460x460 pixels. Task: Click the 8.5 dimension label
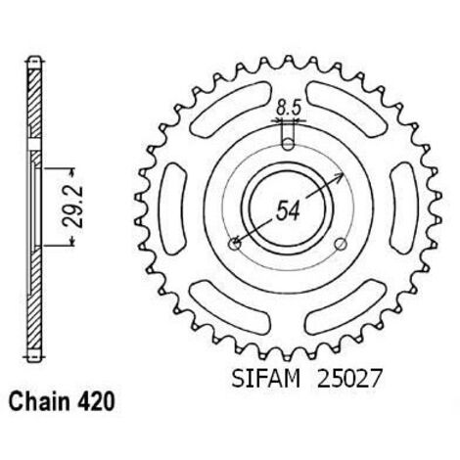pyautogui.click(x=288, y=108)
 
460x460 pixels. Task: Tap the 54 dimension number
pyautogui.click(x=288, y=210)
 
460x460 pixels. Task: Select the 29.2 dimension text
pyautogui.click(x=72, y=207)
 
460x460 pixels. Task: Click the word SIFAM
pyautogui.click(x=265, y=379)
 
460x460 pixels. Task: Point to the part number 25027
pyautogui.click(x=349, y=379)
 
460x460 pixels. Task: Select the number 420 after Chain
pyautogui.click(x=96, y=401)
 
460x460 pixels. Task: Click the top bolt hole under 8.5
pyautogui.click(x=288, y=144)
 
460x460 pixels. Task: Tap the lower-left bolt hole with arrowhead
pyautogui.click(x=235, y=244)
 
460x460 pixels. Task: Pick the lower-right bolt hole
pyautogui.click(x=341, y=244)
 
